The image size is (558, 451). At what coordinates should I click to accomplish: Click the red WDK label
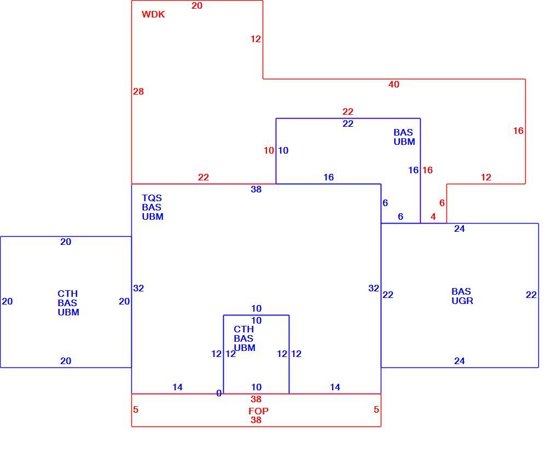pyautogui.click(x=153, y=14)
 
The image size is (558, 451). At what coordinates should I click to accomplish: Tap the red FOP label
pyautogui.click(x=258, y=411)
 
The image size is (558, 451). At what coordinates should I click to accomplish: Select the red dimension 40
pyautogui.click(x=393, y=84)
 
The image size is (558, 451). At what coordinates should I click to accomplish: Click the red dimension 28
pyautogui.click(x=138, y=91)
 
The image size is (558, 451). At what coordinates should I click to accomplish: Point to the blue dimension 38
pyautogui.click(x=256, y=189)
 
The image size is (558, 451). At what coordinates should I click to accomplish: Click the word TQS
pyautogui.click(x=152, y=198)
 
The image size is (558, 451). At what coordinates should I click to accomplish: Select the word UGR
pyautogui.click(x=462, y=301)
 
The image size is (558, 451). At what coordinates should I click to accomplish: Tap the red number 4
pyautogui.click(x=433, y=216)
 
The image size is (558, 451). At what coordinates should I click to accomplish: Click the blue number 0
pyautogui.click(x=219, y=393)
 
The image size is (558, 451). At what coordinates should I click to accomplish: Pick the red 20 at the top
pyautogui.click(x=197, y=5)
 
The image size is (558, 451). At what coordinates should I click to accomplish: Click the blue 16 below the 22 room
pyautogui.click(x=328, y=177)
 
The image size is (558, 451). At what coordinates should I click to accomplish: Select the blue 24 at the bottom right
pyautogui.click(x=460, y=361)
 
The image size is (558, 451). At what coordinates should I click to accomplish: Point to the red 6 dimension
pyautogui.click(x=442, y=203)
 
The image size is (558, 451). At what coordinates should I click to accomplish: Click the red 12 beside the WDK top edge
pyautogui.click(x=255, y=39)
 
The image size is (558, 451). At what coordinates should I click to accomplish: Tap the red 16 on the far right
pyautogui.click(x=518, y=131)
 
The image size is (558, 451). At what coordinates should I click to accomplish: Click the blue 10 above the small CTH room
pyautogui.click(x=256, y=308)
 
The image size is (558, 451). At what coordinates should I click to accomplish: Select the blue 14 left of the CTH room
pyautogui.click(x=178, y=387)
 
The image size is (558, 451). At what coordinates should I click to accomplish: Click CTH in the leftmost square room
pyautogui.click(x=68, y=294)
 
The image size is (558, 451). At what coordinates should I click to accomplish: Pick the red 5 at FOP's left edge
pyautogui.click(x=136, y=409)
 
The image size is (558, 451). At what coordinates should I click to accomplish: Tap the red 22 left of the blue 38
pyautogui.click(x=204, y=177)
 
